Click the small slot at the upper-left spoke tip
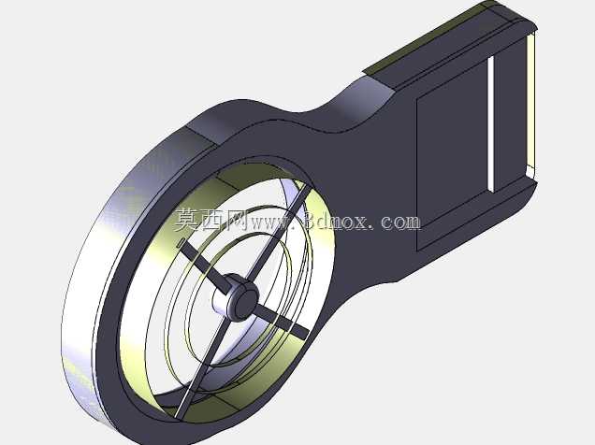click(x=181, y=243)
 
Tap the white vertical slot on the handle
click(x=491, y=124)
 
